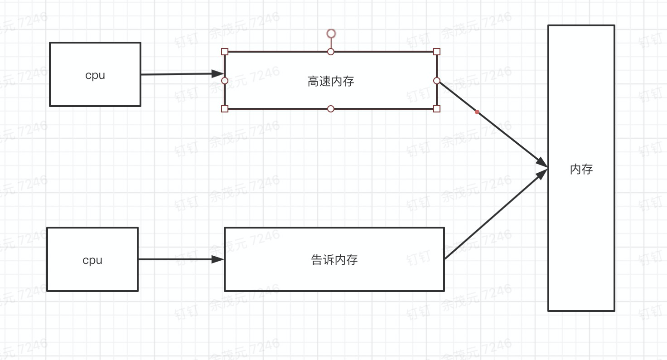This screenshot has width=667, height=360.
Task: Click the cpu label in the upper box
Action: point(95,75)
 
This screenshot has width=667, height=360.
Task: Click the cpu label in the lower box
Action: point(92,260)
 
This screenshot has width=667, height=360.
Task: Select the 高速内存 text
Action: point(331,82)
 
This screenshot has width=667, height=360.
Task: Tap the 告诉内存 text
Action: point(334,260)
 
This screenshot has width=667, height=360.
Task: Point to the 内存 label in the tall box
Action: point(581,169)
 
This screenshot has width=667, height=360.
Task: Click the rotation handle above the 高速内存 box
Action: point(331,34)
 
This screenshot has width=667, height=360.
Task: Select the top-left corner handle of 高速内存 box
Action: point(225,52)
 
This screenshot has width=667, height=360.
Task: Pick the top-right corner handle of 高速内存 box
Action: point(437,52)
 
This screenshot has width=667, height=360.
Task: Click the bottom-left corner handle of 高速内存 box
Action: point(225,109)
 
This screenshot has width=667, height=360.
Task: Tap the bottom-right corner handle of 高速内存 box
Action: point(437,109)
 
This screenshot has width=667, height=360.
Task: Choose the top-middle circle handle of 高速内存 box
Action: point(331,52)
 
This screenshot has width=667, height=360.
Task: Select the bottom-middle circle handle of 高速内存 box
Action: point(331,109)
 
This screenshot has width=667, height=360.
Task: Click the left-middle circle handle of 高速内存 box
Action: point(225,81)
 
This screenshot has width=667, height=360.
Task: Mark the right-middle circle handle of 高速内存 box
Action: point(437,81)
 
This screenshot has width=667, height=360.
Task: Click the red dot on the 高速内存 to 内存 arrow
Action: point(477,112)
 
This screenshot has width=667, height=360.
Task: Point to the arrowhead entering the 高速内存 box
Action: point(218,73)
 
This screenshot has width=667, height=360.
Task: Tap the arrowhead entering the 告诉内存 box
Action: point(218,259)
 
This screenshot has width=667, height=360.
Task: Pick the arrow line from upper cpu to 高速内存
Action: point(177,74)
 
